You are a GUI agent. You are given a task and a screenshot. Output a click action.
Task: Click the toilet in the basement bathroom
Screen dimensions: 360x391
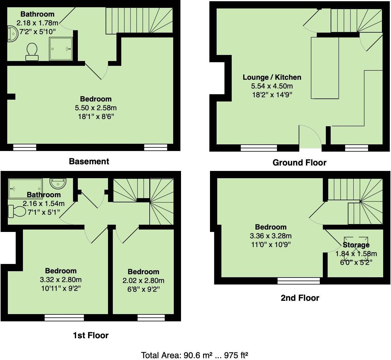click(32, 51)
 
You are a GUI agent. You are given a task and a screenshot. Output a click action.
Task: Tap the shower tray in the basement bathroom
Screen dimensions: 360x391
click(61, 49)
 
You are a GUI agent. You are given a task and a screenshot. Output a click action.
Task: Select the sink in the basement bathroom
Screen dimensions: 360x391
click(12, 34)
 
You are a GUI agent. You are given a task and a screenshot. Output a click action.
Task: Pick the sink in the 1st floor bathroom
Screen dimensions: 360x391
click(58, 183)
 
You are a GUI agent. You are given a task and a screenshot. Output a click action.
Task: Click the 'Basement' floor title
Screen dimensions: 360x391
click(89, 161)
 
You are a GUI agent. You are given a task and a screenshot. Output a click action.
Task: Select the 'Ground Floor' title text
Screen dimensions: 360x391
click(299, 162)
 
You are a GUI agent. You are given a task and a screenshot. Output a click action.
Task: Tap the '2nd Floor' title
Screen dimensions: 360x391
click(300, 298)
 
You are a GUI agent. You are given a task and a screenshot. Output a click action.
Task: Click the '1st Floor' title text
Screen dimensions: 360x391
click(91, 335)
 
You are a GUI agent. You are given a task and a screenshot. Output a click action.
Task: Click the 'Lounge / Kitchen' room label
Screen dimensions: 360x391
click(272, 77)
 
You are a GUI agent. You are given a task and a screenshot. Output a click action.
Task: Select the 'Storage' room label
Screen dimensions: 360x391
click(356, 245)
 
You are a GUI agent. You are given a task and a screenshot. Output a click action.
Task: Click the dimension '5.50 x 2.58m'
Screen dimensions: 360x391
click(96, 108)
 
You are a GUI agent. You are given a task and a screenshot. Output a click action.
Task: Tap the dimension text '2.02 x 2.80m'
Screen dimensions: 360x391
click(143, 281)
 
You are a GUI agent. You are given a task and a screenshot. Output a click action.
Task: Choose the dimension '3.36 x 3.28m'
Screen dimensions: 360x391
click(271, 236)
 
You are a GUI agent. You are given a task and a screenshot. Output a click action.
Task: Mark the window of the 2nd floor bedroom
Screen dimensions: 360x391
click(298, 281)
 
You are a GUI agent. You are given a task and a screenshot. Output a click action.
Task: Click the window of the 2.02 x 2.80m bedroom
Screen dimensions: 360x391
click(151, 317)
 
